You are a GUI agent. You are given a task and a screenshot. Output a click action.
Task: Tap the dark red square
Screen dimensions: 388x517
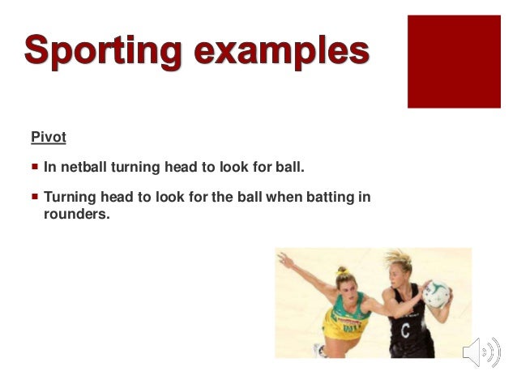pos(454,60)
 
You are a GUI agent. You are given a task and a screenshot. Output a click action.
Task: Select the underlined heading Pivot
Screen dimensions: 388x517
pos(48,137)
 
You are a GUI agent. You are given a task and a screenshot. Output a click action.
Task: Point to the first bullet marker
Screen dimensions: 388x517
pos(34,168)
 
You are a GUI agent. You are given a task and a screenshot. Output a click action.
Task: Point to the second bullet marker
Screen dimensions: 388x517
pos(34,196)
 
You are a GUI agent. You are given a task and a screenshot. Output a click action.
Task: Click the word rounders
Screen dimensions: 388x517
pos(75,215)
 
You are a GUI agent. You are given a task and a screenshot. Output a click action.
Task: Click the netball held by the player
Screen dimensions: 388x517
pos(436,292)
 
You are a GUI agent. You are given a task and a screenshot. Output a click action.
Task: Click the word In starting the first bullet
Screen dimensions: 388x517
pos(50,168)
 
